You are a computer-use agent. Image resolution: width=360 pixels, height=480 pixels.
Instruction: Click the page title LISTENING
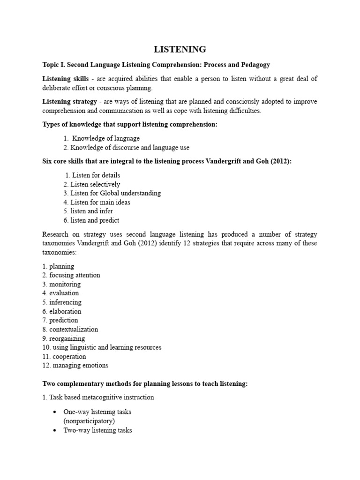[180, 49]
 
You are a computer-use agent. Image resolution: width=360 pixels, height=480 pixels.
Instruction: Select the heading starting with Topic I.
[156, 64]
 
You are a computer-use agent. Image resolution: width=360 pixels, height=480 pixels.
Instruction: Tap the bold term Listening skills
[65, 79]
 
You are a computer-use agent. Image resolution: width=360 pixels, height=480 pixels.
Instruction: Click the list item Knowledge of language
[105, 138]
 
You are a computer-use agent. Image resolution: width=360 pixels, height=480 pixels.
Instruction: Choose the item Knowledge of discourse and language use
[130, 147]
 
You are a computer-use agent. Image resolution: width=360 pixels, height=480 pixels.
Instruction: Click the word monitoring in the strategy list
[65, 284]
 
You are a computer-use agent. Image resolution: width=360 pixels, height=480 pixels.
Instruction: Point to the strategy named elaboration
[65, 311]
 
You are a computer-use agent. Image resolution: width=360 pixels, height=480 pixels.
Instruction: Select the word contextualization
[74, 329]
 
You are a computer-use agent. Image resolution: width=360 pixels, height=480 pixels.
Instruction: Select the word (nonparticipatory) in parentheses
[89, 421]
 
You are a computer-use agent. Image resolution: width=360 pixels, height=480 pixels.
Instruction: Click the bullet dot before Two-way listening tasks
[55, 430]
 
